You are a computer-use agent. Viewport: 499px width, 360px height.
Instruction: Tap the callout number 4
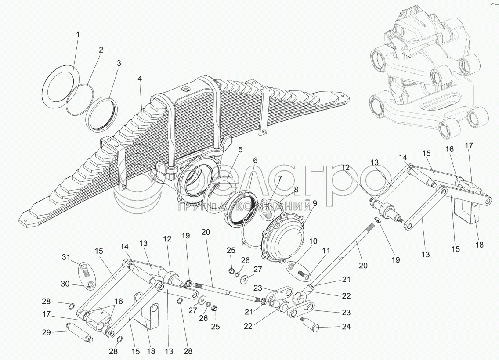(140, 79)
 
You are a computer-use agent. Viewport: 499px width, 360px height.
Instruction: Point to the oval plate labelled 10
(294, 266)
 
